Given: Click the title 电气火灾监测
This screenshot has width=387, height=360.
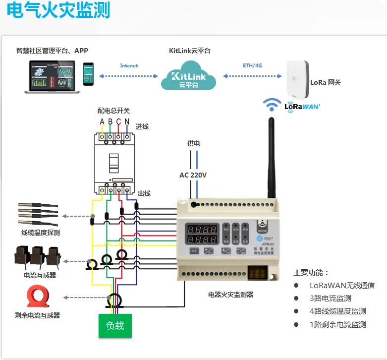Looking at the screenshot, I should tap(58, 11).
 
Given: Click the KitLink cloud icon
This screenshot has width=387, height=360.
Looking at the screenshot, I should tap(189, 76).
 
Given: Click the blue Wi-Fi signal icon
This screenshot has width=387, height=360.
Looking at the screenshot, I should tap(272, 105).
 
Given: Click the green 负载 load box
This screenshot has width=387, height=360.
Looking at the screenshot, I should tap(115, 326).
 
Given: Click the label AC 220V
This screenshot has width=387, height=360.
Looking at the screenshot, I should tap(193, 175).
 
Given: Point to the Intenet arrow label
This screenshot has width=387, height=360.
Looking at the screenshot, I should tap(129, 65).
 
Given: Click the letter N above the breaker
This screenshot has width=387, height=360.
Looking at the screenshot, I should tap(127, 122).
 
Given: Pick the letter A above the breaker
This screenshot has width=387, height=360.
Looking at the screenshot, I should tap(102, 122).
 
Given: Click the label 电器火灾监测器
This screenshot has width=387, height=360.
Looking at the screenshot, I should tap(230, 295).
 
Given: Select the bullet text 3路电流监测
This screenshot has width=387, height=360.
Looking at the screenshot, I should tap(330, 298).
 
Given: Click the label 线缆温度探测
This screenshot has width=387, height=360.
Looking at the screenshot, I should tap(40, 233).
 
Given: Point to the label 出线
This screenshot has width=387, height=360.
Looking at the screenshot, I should tap(144, 193).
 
